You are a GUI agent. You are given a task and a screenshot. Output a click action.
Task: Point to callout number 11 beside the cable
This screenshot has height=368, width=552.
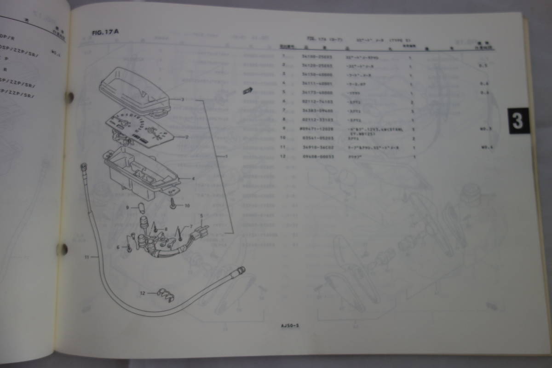(x=86, y=257)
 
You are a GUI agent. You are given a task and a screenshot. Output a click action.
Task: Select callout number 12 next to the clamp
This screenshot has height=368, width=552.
(x=143, y=293)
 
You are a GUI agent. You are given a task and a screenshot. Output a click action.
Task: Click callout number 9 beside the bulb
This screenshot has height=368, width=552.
(x=127, y=207)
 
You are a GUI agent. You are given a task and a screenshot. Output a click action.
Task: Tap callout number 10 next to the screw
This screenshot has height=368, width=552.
(x=187, y=206)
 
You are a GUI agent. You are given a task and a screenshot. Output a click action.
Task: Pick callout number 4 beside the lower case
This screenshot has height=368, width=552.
(x=193, y=178)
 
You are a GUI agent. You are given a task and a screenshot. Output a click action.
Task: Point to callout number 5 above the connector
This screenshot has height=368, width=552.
(x=201, y=215)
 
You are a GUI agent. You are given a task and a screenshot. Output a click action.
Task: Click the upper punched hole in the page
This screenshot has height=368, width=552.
(x=70, y=97)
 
